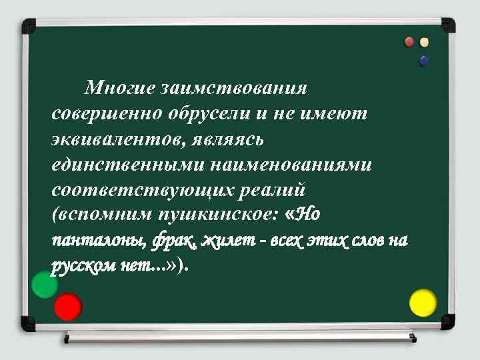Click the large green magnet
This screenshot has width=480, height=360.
point(45,285)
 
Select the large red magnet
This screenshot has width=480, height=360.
point(67,307)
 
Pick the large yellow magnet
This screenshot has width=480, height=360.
point(423,302)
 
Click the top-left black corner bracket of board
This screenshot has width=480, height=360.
point(29,27)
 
